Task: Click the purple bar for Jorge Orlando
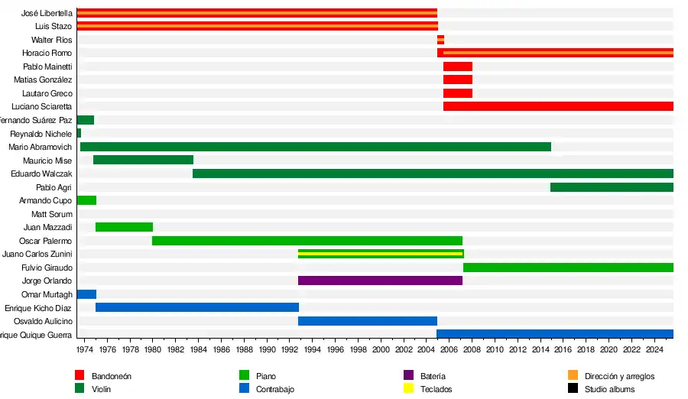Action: tap(380, 281)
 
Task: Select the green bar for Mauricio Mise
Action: tap(143, 160)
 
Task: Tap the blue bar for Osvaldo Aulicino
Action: tap(367, 321)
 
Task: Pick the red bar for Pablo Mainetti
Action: tap(457, 66)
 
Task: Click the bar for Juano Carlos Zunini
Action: tap(381, 254)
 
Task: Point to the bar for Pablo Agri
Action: tap(612, 187)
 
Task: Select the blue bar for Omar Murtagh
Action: tap(86, 294)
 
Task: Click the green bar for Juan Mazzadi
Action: tap(124, 227)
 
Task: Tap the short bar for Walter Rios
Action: tap(440, 40)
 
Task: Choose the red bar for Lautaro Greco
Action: tap(457, 93)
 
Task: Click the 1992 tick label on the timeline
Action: tap(289, 349)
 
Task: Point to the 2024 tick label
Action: tap(654, 349)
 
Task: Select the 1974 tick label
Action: tap(84, 349)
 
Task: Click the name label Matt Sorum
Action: tap(52, 214)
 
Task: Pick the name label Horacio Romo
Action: tap(47, 53)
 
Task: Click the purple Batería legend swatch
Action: tap(408, 375)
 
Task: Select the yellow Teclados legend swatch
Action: tap(408, 388)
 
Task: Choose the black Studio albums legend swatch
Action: tap(573, 388)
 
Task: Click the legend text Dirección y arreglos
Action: tap(619, 376)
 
